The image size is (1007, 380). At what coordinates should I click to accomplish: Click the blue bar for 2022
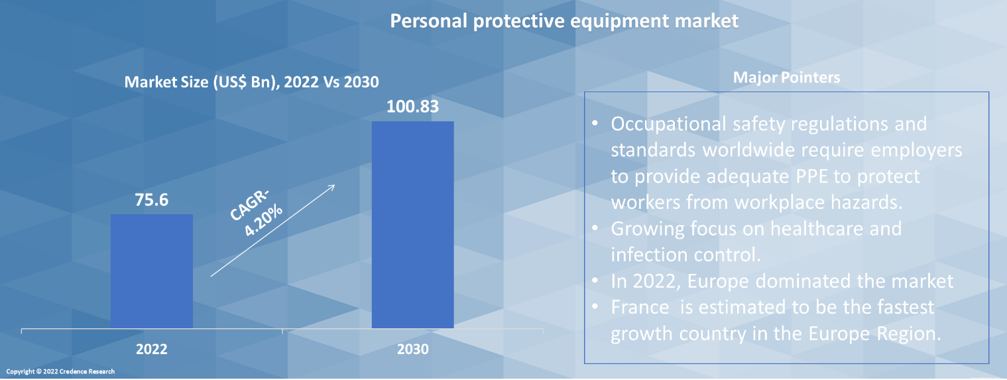[x=152, y=271]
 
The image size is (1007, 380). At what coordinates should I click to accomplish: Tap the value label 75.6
[x=152, y=199]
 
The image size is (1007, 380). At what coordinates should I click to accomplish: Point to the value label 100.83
[x=412, y=106]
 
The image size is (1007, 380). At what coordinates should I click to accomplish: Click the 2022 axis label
[x=152, y=349]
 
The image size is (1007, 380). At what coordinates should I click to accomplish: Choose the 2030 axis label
[x=412, y=349]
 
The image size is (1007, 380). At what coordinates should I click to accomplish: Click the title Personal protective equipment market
[x=563, y=21]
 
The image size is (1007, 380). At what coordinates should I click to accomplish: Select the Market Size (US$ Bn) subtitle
[x=251, y=82]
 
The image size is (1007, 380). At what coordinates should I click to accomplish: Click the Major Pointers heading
[x=786, y=78]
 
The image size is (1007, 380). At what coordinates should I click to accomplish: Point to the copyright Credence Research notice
[x=60, y=371]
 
